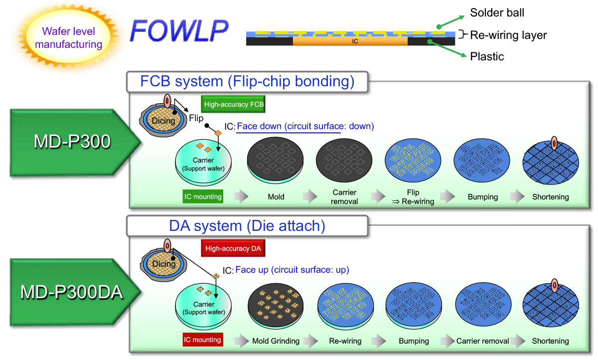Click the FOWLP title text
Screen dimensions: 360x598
[179, 31]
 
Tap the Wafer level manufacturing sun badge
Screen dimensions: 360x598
[68, 38]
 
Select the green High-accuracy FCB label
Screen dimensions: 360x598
[234, 105]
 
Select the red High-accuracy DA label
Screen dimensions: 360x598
[234, 248]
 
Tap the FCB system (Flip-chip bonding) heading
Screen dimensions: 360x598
[247, 81]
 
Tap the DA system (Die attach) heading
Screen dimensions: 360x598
[247, 225]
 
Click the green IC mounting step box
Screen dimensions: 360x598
[203, 196]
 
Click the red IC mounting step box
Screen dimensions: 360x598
[202, 340]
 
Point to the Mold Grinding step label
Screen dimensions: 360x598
[276, 341]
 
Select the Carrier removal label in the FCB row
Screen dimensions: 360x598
[344, 197]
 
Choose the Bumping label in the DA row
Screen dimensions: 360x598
[414, 341]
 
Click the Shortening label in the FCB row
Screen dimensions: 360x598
[550, 197]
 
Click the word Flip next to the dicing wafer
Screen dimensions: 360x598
[196, 118]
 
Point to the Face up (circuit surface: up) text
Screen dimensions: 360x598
[292, 270]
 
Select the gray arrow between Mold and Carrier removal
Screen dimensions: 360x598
[310, 196]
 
